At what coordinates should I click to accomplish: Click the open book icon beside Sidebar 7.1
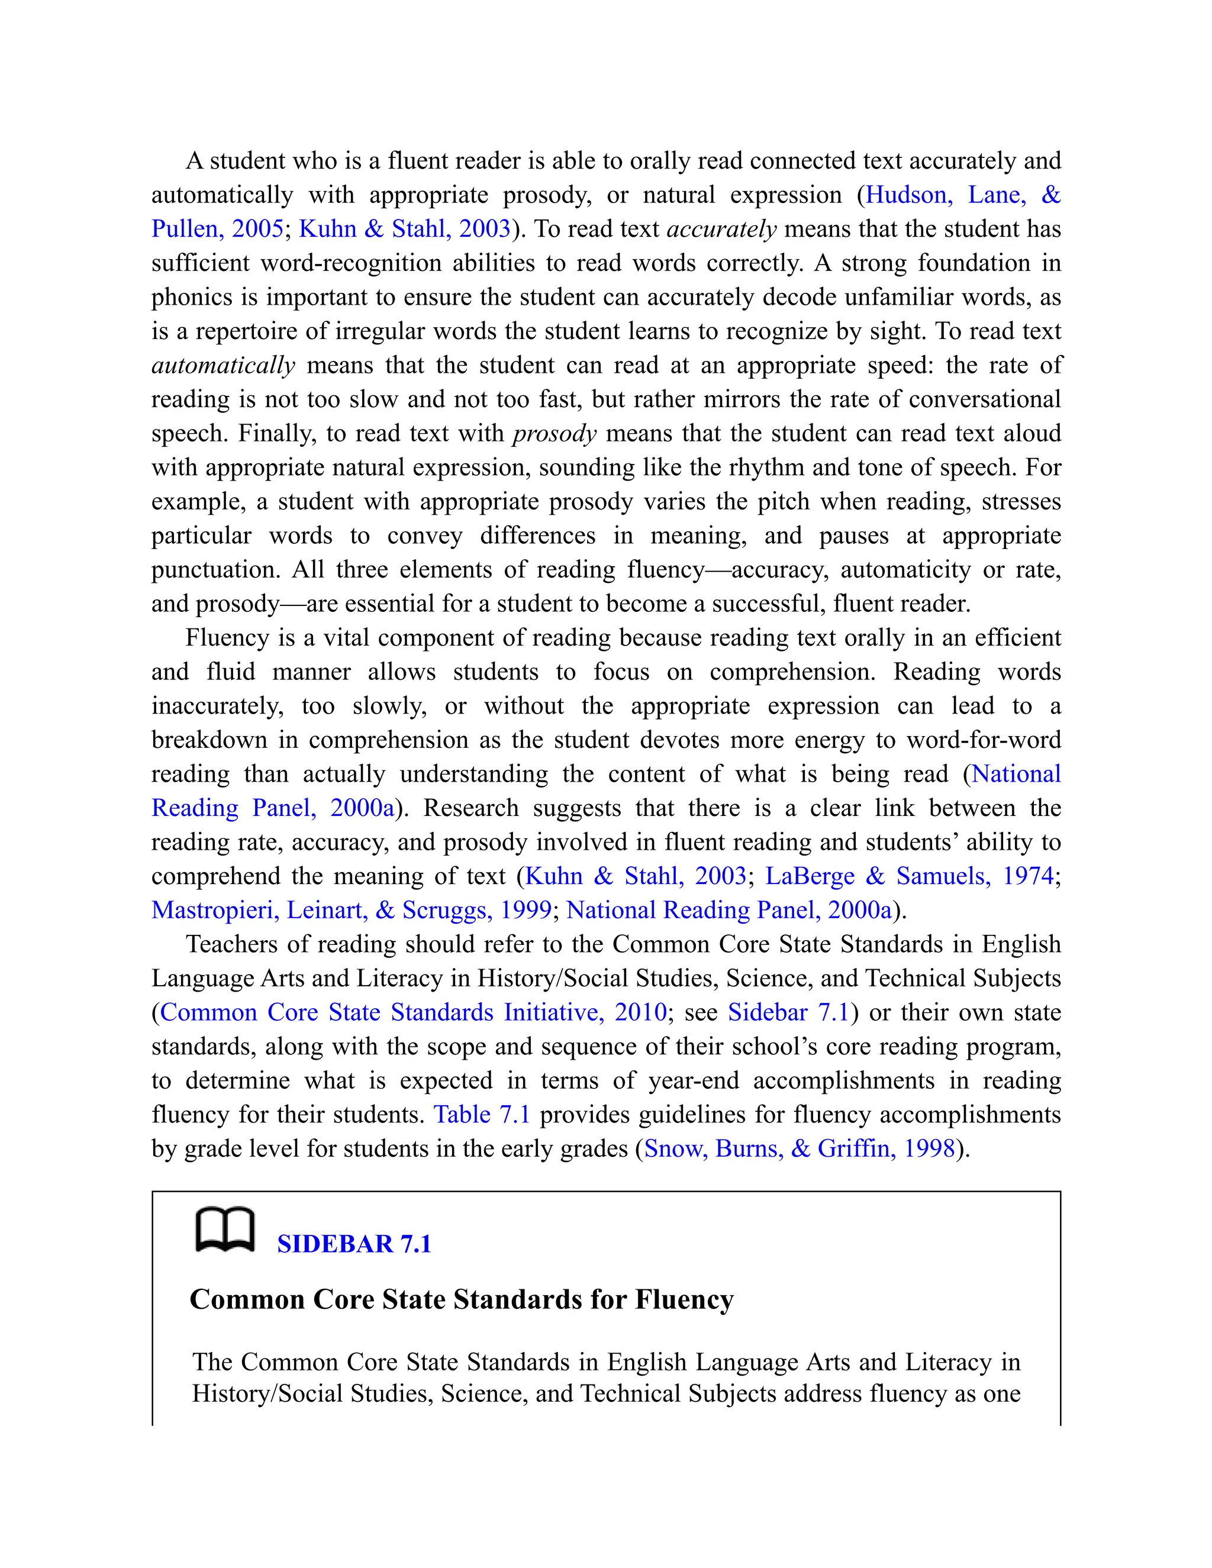tap(225, 1231)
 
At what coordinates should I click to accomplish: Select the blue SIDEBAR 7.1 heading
tap(354, 1244)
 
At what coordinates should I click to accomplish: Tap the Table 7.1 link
tap(482, 1114)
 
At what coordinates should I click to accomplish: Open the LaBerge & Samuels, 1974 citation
tap(909, 876)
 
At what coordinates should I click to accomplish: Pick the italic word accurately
tap(721, 229)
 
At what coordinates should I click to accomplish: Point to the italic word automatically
tap(223, 366)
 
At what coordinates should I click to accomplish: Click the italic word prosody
tap(555, 434)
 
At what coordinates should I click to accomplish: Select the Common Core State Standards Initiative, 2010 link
tap(413, 1012)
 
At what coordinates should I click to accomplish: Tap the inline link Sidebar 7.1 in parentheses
tap(788, 1012)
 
